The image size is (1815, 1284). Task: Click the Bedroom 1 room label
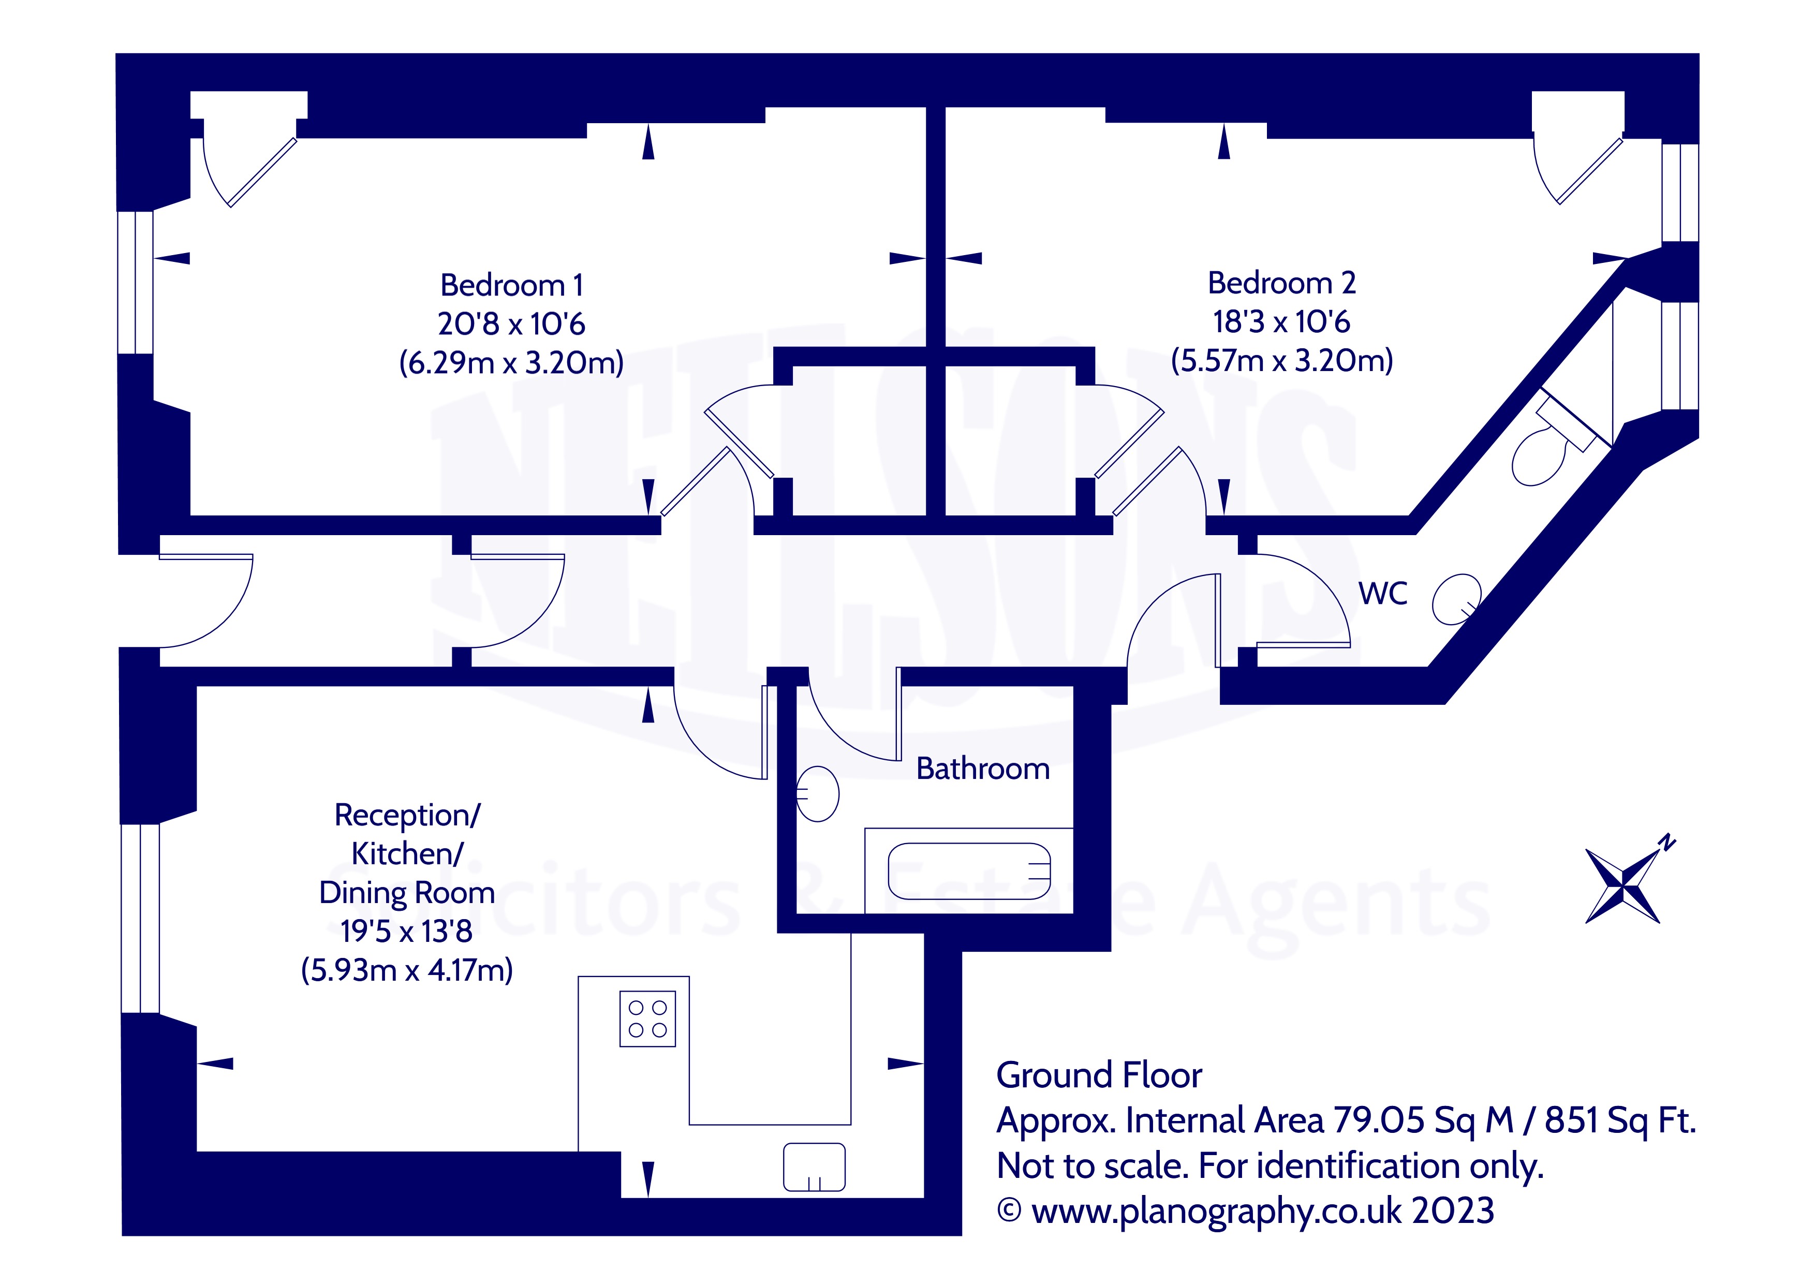tap(511, 285)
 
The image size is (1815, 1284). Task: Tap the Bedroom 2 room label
tap(1281, 282)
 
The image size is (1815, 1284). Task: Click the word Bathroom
tap(983, 769)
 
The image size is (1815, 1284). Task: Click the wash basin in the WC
tap(1456, 599)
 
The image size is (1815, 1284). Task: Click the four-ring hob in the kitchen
tap(647, 1019)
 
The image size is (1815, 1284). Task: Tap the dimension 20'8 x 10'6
tap(511, 323)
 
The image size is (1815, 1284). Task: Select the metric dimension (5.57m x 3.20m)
tap(1281, 361)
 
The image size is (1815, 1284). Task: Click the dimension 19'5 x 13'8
tap(406, 932)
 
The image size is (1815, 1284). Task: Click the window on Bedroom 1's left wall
tap(135, 282)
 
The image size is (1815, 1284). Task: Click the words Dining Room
tap(406, 893)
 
